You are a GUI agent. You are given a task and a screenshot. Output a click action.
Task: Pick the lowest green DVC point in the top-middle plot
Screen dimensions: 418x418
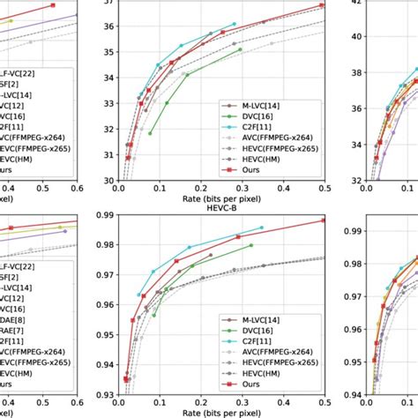click(x=150, y=133)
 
